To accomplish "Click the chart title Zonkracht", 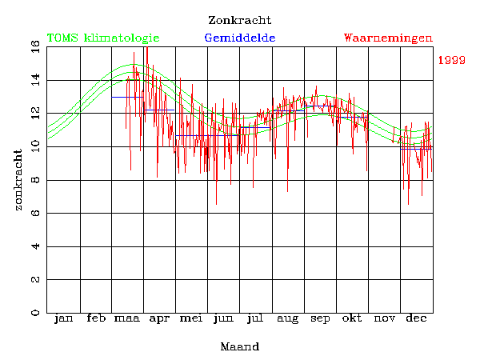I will (239, 20).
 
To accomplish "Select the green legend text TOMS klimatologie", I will (103, 38).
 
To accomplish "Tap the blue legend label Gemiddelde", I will (240, 38).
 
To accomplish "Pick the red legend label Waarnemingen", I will (388, 38).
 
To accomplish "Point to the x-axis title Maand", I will (239, 346).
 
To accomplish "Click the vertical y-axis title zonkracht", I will (18, 179).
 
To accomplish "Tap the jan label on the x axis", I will (63, 319).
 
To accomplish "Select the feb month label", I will (95, 319).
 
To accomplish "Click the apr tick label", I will (159, 319).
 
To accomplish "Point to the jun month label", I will (223, 319).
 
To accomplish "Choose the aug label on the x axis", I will (287, 319).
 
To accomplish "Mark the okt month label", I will (352, 319).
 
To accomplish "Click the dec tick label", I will (416, 319).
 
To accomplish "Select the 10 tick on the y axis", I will (35, 146).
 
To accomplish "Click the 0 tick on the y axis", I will (35, 313).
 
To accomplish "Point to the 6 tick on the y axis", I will (35, 213).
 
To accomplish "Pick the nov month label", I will (384, 319).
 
